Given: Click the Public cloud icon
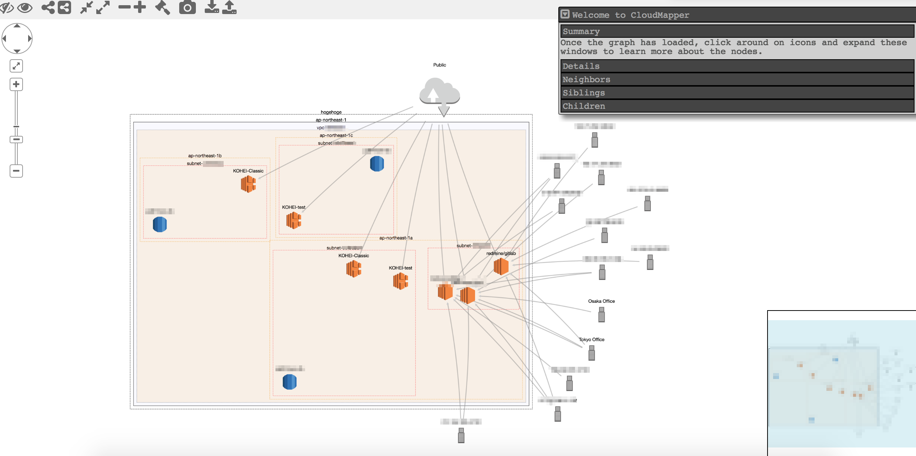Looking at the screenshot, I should (439, 92).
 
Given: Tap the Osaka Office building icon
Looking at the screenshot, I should (602, 315).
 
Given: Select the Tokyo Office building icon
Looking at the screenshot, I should (592, 353).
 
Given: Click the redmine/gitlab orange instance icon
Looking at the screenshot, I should (501, 266).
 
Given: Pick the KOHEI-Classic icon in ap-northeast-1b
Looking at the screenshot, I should (248, 184).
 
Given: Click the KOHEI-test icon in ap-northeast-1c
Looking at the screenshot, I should (294, 220).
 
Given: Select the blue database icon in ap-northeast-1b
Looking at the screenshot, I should (160, 224).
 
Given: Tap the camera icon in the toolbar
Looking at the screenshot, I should (187, 7).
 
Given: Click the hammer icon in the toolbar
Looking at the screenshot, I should (163, 7).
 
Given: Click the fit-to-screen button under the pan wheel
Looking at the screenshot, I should (16, 66).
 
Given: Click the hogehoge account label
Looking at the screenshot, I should (331, 112).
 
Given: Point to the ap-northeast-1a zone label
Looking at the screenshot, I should (395, 238).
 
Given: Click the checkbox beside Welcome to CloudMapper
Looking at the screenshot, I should (565, 14).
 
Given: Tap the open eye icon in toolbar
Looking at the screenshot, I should (25, 7).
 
